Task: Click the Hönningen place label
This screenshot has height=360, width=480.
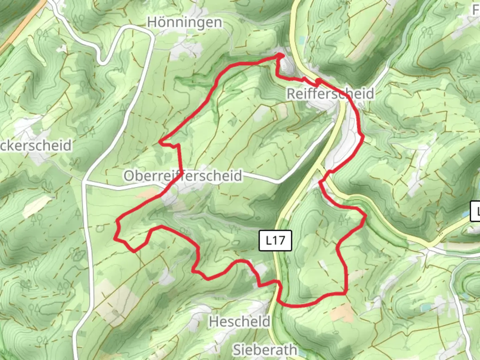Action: click(185, 22)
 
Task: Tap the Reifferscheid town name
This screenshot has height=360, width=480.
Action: click(330, 94)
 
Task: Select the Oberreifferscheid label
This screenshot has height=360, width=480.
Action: click(183, 175)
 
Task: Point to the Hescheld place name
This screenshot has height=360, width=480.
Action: click(239, 322)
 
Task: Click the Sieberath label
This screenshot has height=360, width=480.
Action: click(264, 350)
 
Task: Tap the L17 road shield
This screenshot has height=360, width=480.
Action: click(275, 240)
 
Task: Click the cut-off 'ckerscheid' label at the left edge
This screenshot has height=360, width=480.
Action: click(35, 146)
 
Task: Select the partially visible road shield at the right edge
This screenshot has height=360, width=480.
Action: click(475, 211)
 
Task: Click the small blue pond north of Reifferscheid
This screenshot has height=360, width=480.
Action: click(302, 40)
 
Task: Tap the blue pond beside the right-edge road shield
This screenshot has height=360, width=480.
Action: click(465, 215)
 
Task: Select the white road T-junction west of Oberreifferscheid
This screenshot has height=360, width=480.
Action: click(85, 182)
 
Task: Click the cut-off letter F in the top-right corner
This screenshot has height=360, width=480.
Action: click(476, 10)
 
